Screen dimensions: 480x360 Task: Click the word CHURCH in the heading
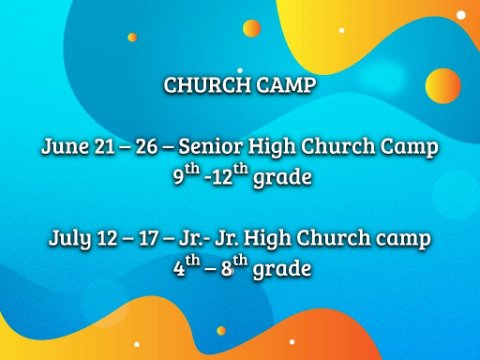[x=207, y=85]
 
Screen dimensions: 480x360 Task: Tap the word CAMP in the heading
[x=286, y=85]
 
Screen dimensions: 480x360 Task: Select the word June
[x=65, y=146]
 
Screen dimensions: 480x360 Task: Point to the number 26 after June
[x=146, y=147]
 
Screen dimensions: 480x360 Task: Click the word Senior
[x=210, y=146]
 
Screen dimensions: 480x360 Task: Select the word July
[x=70, y=238]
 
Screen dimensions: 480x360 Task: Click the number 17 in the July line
[x=148, y=238]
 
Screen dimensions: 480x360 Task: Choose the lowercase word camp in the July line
[x=403, y=239]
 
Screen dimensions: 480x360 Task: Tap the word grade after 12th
[x=282, y=177]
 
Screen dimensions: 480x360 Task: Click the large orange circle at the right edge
[x=443, y=86]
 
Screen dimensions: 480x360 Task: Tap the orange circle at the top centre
[x=252, y=28]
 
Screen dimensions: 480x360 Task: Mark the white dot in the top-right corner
[x=461, y=15]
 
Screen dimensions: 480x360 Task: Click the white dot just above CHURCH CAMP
[x=240, y=70]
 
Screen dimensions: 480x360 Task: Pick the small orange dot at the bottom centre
[x=221, y=331]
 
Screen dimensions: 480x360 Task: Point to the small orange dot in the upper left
[x=132, y=37]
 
